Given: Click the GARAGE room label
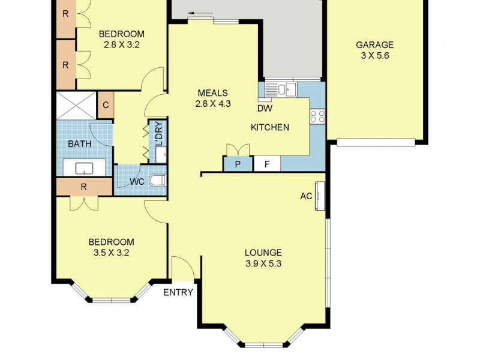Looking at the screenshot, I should click(x=374, y=44).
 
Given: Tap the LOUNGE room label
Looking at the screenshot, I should click(x=263, y=253).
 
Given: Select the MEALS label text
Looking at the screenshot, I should click(x=213, y=93).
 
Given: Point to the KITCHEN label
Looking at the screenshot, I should click(x=269, y=127).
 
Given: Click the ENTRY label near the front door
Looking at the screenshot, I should click(x=179, y=292).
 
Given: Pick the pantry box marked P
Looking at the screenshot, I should click(x=238, y=164).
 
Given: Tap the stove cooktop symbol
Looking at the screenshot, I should click(x=317, y=116).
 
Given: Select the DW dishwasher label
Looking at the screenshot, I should click(x=264, y=109).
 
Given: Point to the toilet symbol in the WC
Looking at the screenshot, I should click(x=158, y=180).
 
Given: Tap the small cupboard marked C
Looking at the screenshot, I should click(x=105, y=106).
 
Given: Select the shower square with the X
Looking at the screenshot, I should click(x=76, y=106).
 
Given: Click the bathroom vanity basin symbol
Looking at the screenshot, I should click(x=84, y=168).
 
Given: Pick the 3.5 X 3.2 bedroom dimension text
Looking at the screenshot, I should click(x=111, y=253).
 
